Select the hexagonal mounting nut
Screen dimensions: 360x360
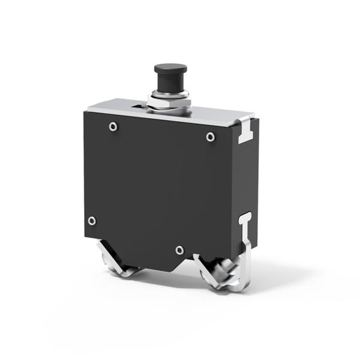(169, 104)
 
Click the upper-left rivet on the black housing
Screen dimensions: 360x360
(113, 127)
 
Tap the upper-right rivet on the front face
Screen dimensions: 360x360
(210, 137)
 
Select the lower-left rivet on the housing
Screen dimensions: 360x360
(92, 221)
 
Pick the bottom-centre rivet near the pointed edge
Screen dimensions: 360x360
(179, 250)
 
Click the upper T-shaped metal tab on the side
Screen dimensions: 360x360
(247, 131)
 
